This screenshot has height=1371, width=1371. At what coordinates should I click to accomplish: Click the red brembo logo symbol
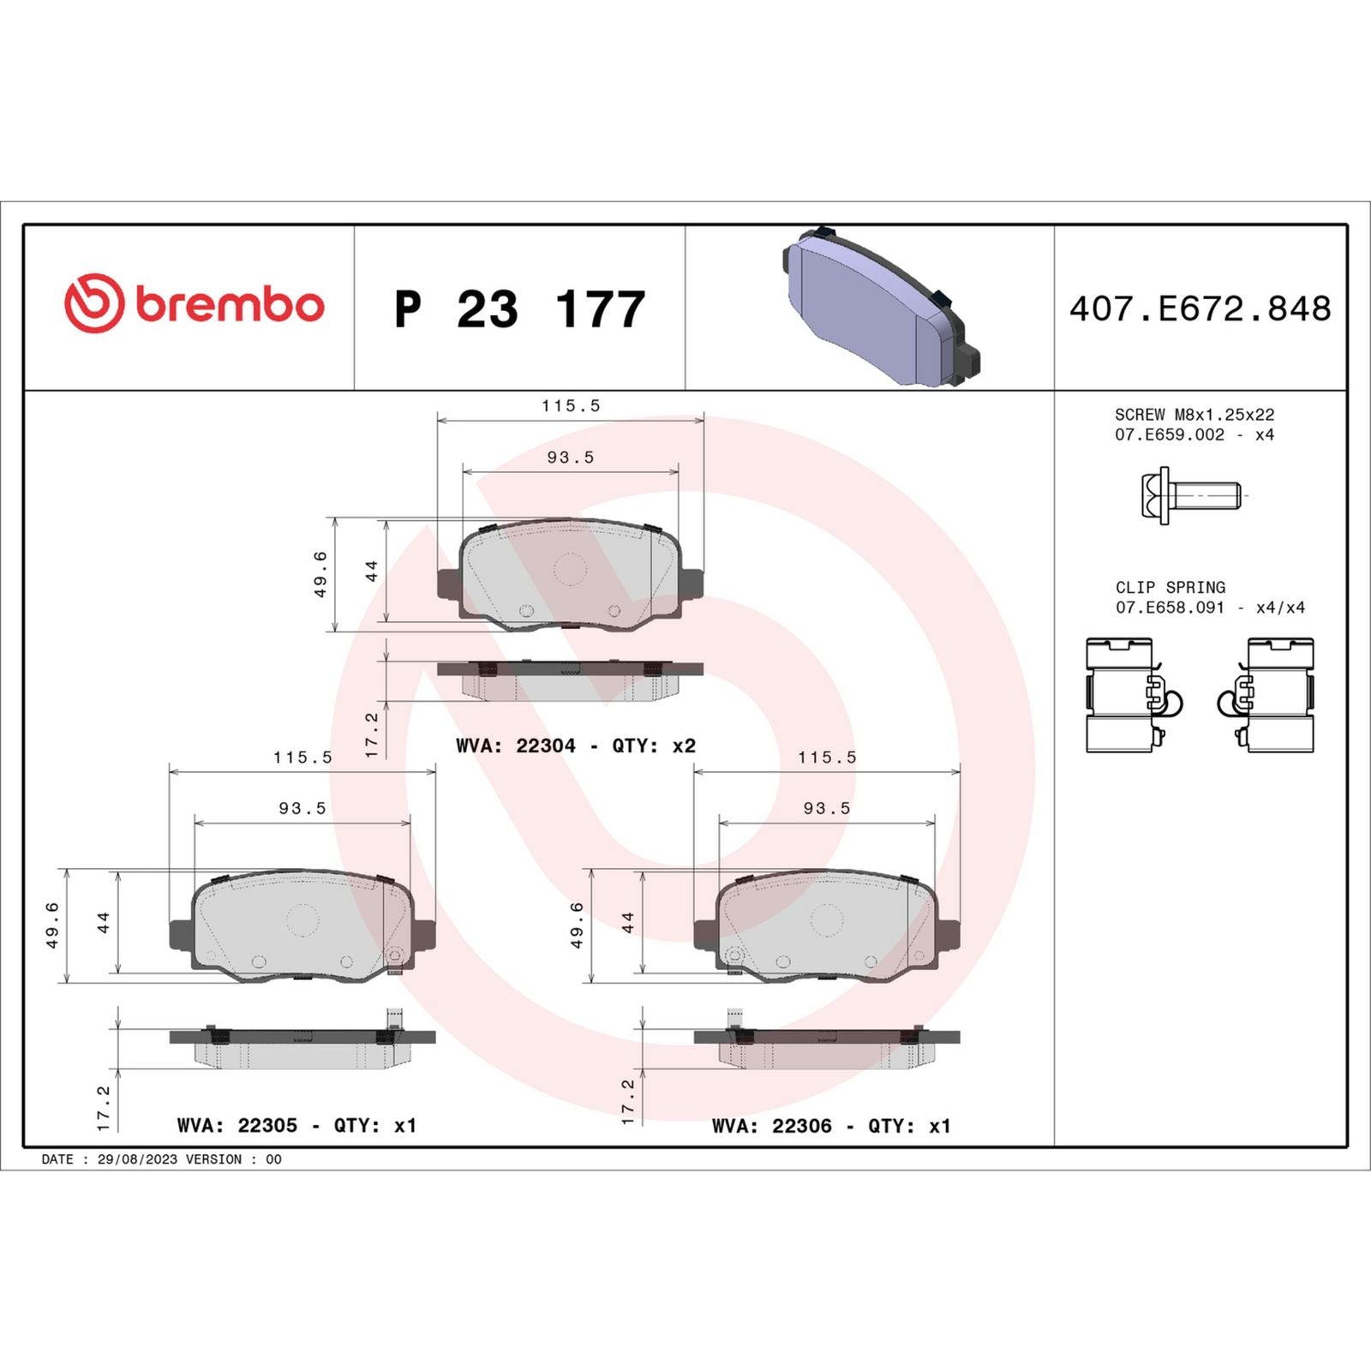point(94,304)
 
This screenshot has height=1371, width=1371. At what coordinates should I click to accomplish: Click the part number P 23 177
point(519,309)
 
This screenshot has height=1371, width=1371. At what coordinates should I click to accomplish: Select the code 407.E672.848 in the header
point(1200,309)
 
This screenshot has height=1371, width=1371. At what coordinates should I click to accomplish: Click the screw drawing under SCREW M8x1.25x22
point(1190,495)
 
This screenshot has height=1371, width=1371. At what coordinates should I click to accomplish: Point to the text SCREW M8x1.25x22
point(1194,415)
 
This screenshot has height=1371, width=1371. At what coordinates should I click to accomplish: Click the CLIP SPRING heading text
point(1170,588)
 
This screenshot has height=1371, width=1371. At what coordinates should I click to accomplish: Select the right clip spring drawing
point(1268,696)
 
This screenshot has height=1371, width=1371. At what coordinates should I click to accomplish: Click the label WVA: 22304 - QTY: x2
point(576,746)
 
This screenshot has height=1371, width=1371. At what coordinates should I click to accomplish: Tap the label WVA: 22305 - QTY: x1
point(296,1126)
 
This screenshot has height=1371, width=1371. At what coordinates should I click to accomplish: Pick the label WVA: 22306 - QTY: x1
point(831,1126)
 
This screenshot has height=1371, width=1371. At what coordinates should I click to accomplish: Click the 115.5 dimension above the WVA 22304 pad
point(571,406)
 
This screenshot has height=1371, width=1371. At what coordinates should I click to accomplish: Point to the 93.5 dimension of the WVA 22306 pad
point(827,809)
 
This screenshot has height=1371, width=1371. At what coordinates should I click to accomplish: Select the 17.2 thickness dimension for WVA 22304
point(372,734)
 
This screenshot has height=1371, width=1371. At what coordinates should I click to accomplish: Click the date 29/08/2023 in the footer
point(137,1159)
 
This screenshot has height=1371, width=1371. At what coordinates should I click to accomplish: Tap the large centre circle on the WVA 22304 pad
point(570,569)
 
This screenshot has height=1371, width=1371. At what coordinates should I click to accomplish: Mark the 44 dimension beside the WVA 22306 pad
point(628,923)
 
